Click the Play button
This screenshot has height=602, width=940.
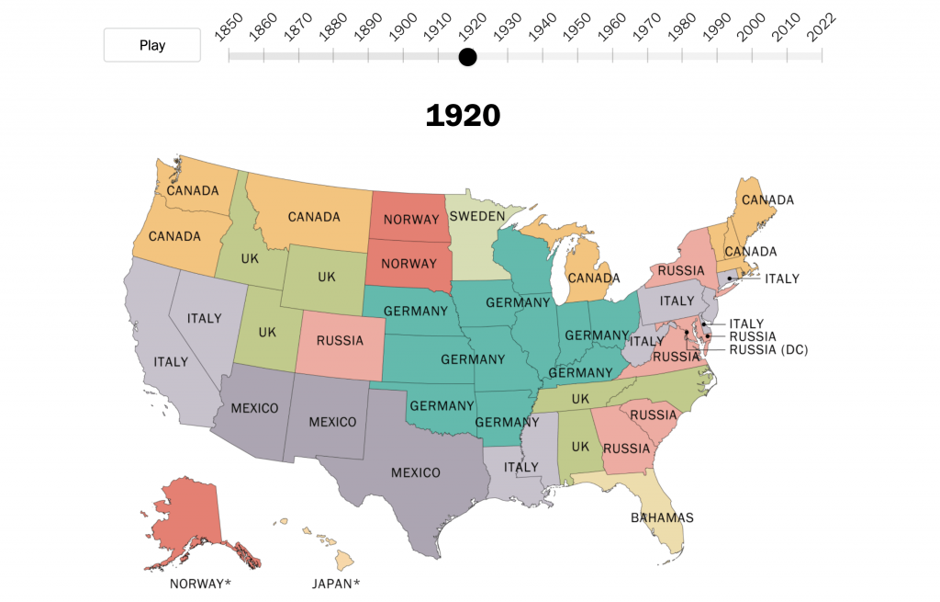(x=152, y=45)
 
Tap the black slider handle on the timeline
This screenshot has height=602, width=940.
(x=468, y=57)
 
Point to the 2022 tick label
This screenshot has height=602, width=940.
(x=820, y=28)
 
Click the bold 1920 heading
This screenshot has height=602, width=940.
(x=463, y=116)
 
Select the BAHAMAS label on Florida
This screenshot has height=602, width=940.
(x=662, y=517)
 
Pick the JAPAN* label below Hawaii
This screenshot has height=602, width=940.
(x=336, y=583)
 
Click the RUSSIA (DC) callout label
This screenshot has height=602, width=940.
(x=768, y=349)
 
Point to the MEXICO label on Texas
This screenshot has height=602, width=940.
(x=416, y=472)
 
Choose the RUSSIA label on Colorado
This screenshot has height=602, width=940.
(x=340, y=340)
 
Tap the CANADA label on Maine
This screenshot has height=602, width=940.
(x=767, y=199)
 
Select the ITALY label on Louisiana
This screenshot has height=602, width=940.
(x=520, y=467)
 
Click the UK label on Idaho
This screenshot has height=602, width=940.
(x=250, y=258)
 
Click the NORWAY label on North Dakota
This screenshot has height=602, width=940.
(x=410, y=219)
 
